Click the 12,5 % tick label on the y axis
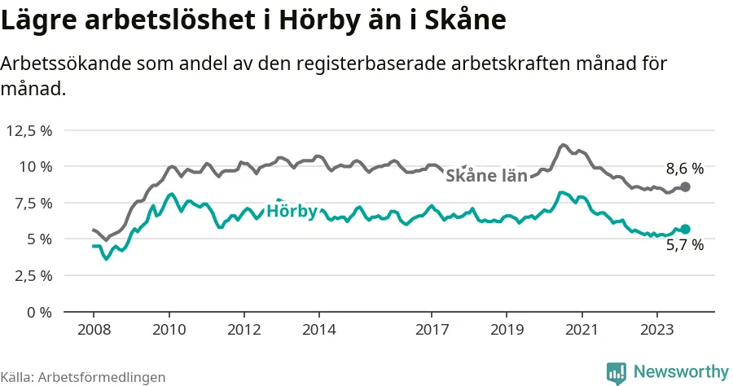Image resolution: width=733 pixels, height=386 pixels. point(29,130)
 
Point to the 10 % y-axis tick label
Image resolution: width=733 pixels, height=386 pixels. point(34,166)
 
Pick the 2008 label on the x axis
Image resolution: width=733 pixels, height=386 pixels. point(93,331)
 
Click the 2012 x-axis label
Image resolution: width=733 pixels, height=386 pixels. point(244,331)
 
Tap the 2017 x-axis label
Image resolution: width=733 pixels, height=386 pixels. point(432,331)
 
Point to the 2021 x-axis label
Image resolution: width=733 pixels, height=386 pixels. point(582,331)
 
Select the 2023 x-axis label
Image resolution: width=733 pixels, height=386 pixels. point(657,331)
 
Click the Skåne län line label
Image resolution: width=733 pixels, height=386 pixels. point(486,175)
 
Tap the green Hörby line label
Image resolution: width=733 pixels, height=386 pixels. point(292,211)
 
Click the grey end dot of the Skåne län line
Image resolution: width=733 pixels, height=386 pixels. point(686,187)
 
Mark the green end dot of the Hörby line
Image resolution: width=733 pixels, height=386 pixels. point(686,229)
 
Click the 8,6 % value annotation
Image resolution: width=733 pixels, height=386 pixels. point(684,169)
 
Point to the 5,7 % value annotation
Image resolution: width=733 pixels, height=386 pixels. point(685,245)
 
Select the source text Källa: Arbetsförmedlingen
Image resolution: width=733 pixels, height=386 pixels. point(83,377)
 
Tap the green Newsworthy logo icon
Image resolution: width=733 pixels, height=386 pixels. point(617,373)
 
